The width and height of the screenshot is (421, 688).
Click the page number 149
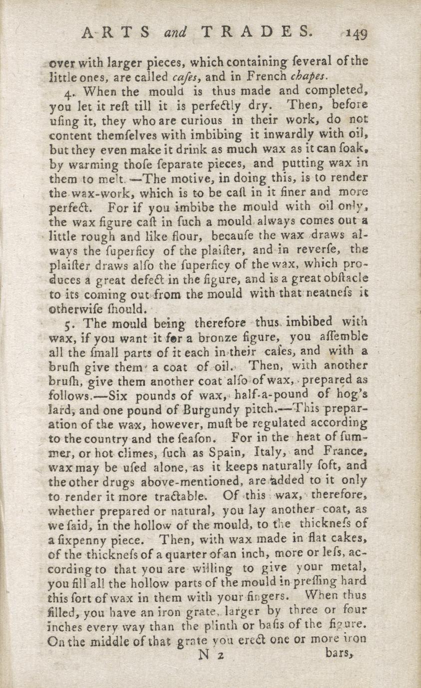point(357,34)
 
